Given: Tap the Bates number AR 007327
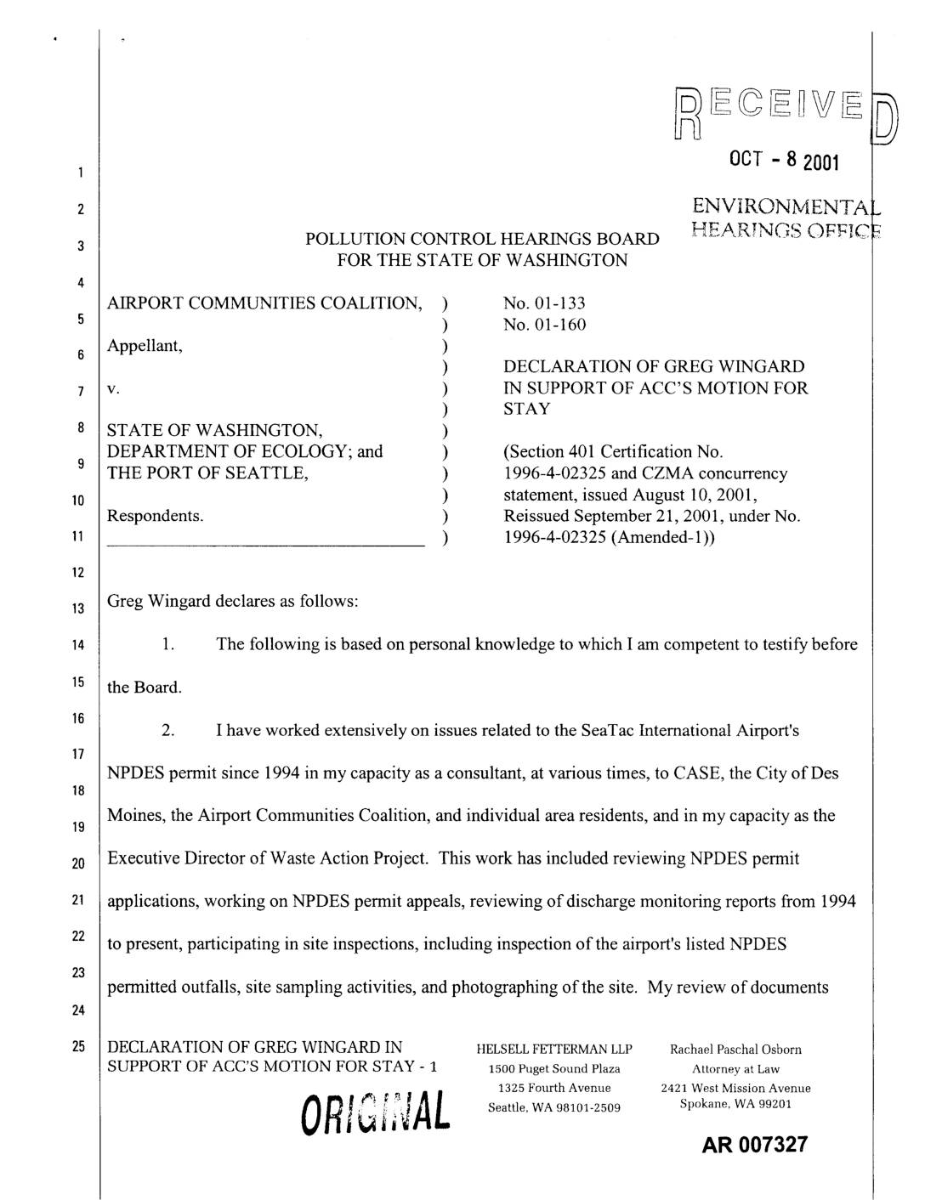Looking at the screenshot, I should click(x=754, y=1144).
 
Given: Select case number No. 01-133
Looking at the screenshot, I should click(x=544, y=303).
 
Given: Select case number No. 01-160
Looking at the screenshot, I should click(x=544, y=325).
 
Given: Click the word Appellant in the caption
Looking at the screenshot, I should click(x=145, y=346).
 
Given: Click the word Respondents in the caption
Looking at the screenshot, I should click(x=155, y=516).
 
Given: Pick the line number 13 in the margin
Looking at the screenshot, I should click(x=77, y=608).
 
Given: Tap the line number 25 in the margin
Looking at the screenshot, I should click(x=77, y=1047).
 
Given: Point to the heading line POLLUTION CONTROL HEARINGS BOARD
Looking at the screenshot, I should click(x=482, y=240).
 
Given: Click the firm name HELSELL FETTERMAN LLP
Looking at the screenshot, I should click(x=554, y=1050).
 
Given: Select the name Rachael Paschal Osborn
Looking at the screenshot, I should click(x=735, y=1050).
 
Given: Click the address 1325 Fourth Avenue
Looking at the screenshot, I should click(x=554, y=1088).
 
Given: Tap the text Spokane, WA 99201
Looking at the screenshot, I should click(x=735, y=1104).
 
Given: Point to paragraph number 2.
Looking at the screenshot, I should click(x=168, y=731).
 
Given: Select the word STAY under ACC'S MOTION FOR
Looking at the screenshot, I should click(x=527, y=409).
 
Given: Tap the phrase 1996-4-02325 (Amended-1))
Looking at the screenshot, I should click(x=609, y=537).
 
